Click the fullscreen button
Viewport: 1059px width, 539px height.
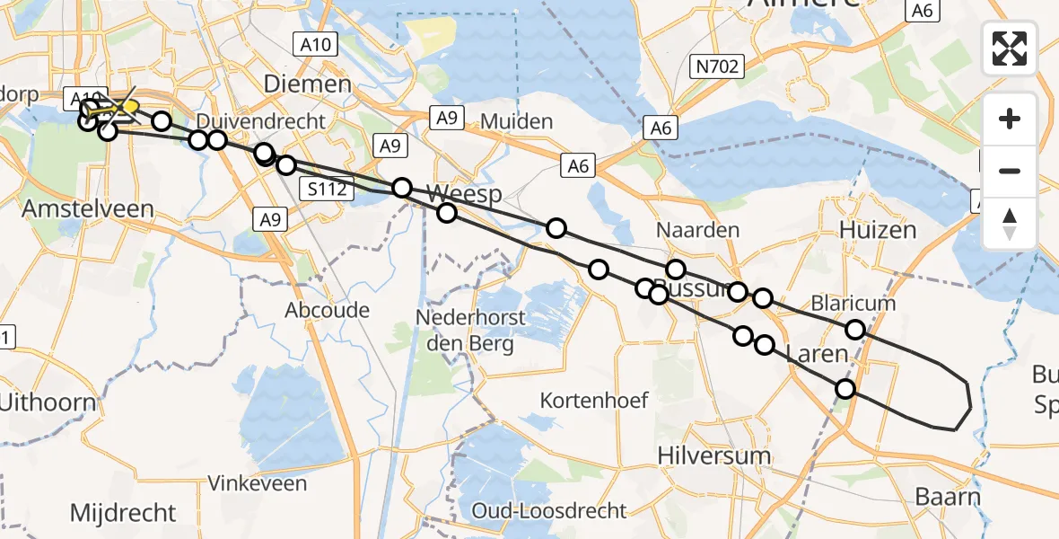(1010, 48)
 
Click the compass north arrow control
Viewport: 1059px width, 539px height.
(1010, 222)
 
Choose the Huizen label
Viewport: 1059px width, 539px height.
(878, 231)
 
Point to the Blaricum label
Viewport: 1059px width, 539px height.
(853, 304)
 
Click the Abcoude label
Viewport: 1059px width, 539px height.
(327, 311)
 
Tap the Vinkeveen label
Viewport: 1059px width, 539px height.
(257, 483)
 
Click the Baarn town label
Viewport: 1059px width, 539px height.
(948, 497)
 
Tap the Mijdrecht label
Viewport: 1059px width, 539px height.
(124, 513)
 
